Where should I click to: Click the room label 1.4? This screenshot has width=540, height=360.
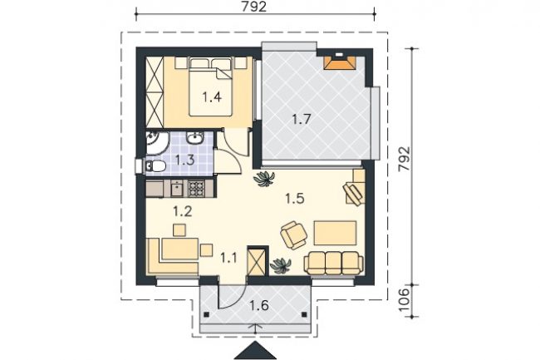pos(212,97)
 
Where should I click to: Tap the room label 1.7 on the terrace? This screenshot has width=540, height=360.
pos(302,120)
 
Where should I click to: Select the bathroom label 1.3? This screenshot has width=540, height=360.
pos(185,160)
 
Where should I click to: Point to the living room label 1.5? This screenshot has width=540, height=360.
pos(295,199)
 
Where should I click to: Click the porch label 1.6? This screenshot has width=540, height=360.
pos(259,305)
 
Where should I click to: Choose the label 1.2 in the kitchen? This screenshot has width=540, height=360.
pos(183,211)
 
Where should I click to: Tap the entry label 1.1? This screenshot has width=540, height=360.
pos(228,258)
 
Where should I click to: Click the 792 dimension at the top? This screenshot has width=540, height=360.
pos(254,7)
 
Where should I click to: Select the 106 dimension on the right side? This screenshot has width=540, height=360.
pos(405,299)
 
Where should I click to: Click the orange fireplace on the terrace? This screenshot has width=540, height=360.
pos(340,62)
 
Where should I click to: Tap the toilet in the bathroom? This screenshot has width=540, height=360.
pos(155,166)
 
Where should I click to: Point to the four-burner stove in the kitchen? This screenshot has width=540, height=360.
pos(196,189)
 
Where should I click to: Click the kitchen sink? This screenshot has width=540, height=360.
pos(177,189)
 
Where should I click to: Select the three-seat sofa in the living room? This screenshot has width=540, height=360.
pos(333,264)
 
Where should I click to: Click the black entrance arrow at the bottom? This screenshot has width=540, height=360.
pos(255,350)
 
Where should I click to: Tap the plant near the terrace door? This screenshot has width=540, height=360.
pos(264,179)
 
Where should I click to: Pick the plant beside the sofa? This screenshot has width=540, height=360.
pos(280,265)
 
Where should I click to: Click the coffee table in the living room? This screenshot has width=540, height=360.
pos(335,233)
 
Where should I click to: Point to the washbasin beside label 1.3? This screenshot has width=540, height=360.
pos(195,138)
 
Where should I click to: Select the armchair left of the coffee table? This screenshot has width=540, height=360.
pos(293,235)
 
